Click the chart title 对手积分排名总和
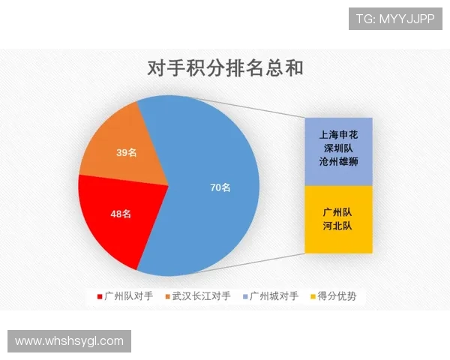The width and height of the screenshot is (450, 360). click(x=225, y=70)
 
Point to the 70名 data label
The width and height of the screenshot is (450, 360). click(x=220, y=187)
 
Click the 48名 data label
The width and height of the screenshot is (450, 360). click(x=121, y=214)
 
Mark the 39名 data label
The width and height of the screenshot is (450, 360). click(x=126, y=153)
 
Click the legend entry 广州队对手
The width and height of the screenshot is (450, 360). click(x=129, y=297)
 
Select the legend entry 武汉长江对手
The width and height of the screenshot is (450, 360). click(x=201, y=297)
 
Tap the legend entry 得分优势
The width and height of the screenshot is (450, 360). click(x=337, y=297)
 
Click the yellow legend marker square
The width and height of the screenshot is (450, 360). click(x=313, y=297)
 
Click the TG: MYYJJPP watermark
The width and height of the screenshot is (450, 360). click(x=395, y=19)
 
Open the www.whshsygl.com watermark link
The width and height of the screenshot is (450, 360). click(x=69, y=341)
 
